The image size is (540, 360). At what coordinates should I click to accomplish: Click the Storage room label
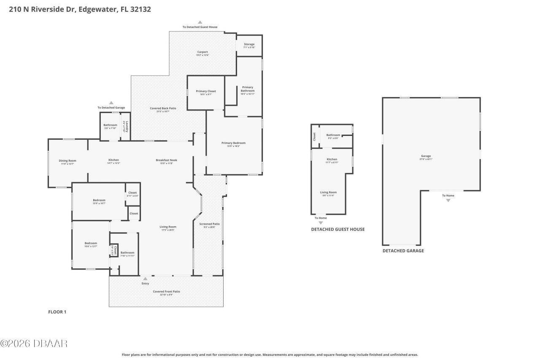(x=249, y=44)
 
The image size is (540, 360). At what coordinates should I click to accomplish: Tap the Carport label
(x=202, y=52)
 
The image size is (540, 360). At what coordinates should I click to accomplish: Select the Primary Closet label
(x=206, y=91)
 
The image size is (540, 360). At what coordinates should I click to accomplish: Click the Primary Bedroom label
(x=233, y=143)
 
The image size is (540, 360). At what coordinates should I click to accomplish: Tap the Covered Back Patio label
(x=163, y=108)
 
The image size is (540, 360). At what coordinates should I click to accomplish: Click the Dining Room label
(x=67, y=160)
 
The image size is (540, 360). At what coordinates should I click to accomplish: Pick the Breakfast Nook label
(x=166, y=160)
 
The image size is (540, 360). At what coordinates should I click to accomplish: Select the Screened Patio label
(x=209, y=224)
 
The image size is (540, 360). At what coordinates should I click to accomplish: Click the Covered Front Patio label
(x=166, y=292)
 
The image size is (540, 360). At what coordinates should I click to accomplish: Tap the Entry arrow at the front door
(x=145, y=279)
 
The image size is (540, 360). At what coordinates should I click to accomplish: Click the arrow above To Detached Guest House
(x=200, y=22)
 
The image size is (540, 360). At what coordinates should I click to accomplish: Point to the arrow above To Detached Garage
(x=111, y=103)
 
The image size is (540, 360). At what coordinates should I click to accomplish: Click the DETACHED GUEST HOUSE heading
(x=337, y=230)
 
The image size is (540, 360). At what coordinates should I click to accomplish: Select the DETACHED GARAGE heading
(x=403, y=251)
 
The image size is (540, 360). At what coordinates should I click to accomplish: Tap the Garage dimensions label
(x=426, y=159)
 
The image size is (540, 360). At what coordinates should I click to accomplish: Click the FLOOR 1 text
(x=57, y=312)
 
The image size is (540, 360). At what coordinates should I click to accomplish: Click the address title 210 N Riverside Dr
(x=80, y=9)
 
